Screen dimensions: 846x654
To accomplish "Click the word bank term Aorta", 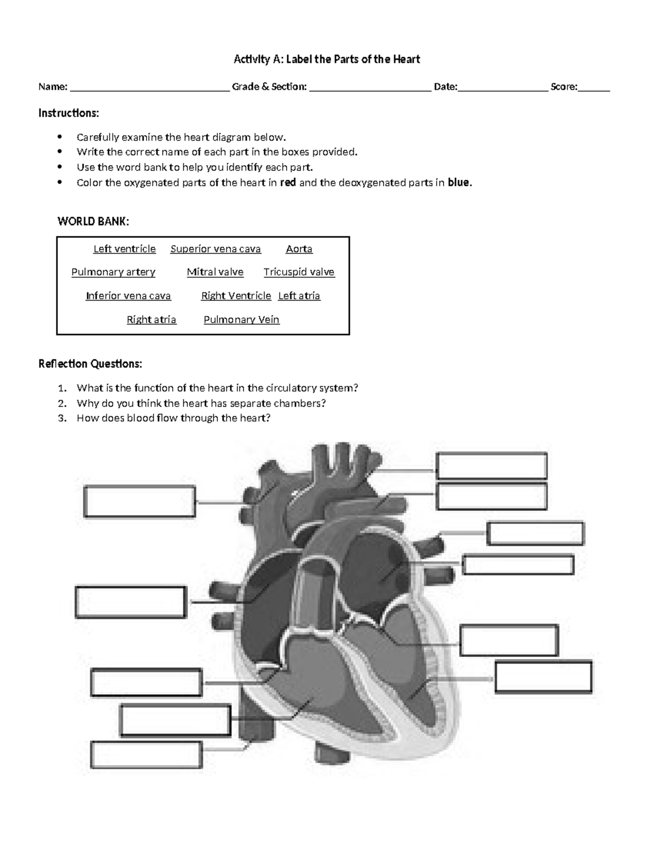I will click(299, 249).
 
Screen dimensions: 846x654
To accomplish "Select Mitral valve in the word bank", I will click(215, 272).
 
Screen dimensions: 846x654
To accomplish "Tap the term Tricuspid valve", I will click(299, 272).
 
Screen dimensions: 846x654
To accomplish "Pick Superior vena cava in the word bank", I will click(215, 249).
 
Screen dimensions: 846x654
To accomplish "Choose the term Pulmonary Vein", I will click(241, 320).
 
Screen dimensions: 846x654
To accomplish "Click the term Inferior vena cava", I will click(128, 296).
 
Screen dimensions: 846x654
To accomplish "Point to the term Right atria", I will click(152, 320).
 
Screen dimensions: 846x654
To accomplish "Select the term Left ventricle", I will click(124, 249).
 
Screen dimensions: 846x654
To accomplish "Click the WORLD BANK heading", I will click(93, 221).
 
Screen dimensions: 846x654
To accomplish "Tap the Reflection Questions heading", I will click(90, 363).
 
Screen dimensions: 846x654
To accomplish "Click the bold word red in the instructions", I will click(288, 182).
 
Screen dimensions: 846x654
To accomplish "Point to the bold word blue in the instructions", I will click(459, 182).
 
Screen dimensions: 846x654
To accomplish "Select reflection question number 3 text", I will click(173, 418).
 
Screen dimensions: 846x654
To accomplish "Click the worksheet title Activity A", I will click(326, 59).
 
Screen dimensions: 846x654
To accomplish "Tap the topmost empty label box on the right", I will click(491, 466).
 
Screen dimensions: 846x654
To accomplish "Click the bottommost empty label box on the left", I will click(147, 754).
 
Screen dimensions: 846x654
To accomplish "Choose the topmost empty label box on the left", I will click(140, 502).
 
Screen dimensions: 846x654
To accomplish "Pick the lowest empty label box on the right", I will click(543, 677).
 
